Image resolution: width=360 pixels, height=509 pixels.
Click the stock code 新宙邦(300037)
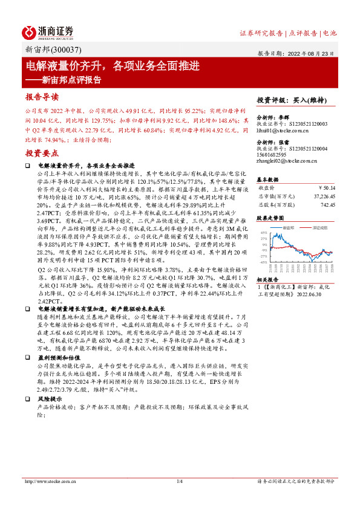click(x=51, y=50)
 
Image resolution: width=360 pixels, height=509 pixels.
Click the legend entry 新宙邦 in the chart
click(x=290, y=228)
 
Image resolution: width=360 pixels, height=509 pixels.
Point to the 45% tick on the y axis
click(x=263, y=233)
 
